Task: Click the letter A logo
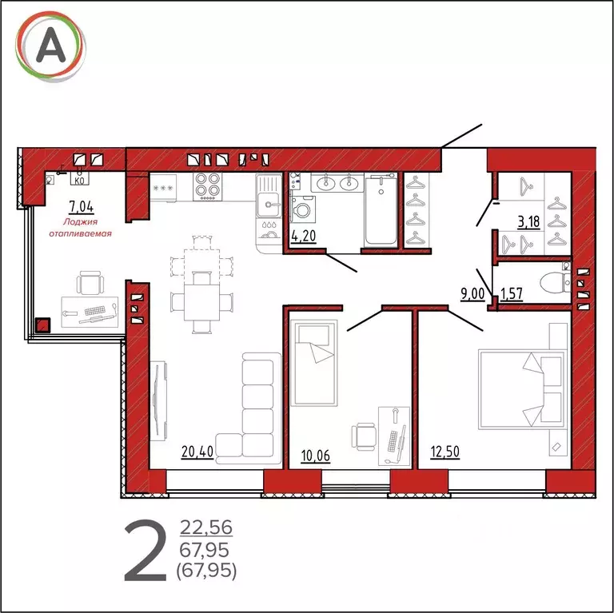tap(50, 46)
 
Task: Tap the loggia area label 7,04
tap(81, 206)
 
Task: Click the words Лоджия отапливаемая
tap(80, 228)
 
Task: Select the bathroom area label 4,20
tap(304, 236)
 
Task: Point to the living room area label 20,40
tap(197, 452)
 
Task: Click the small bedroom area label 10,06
tap(316, 456)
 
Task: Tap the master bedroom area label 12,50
tap(445, 452)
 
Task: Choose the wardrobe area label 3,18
tap(529, 222)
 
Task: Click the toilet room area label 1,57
tap(512, 293)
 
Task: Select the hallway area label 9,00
tap(472, 293)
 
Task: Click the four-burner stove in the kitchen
tap(207, 186)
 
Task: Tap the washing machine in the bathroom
tap(303, 209)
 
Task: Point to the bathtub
tap(381, 211)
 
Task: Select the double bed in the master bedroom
tap(522, 390)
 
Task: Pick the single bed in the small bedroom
tap(313, 363)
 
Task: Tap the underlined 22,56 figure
tap(206, 527)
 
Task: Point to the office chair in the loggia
tap(90, 283)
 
